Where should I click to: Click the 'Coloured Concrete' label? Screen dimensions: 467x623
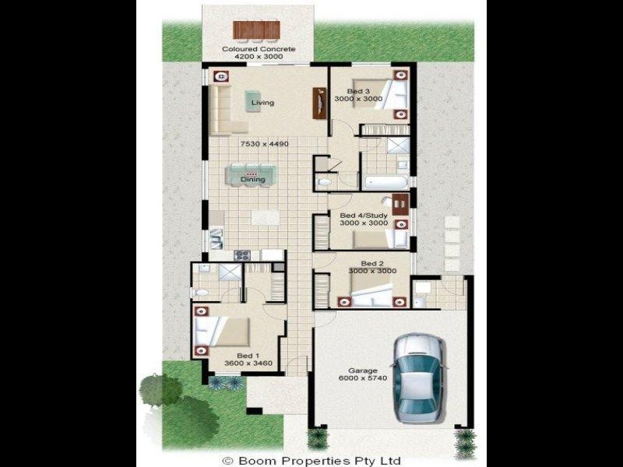point(259,49)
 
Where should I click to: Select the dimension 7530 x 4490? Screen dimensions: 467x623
point(264,144)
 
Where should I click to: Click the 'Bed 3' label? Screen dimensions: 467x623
point(358,91)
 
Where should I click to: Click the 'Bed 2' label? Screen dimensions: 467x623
point(362,262)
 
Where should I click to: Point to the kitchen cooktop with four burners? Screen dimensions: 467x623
point(242,254)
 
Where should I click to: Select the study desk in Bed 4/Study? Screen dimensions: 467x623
point(398,204)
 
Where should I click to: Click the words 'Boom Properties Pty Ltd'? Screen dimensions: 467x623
point(319,460)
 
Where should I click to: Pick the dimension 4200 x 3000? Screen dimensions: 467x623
point(259,58)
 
